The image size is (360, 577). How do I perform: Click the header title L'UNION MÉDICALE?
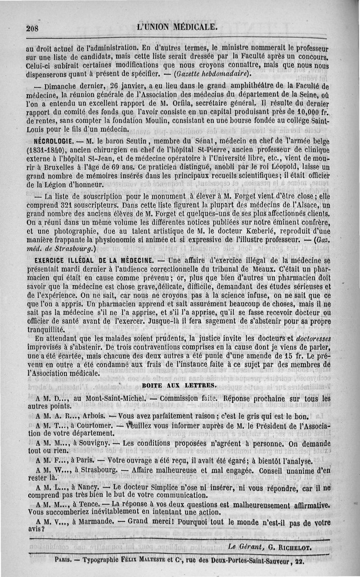click(177, 27)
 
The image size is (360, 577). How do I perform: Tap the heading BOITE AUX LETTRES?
click(179, 385)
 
